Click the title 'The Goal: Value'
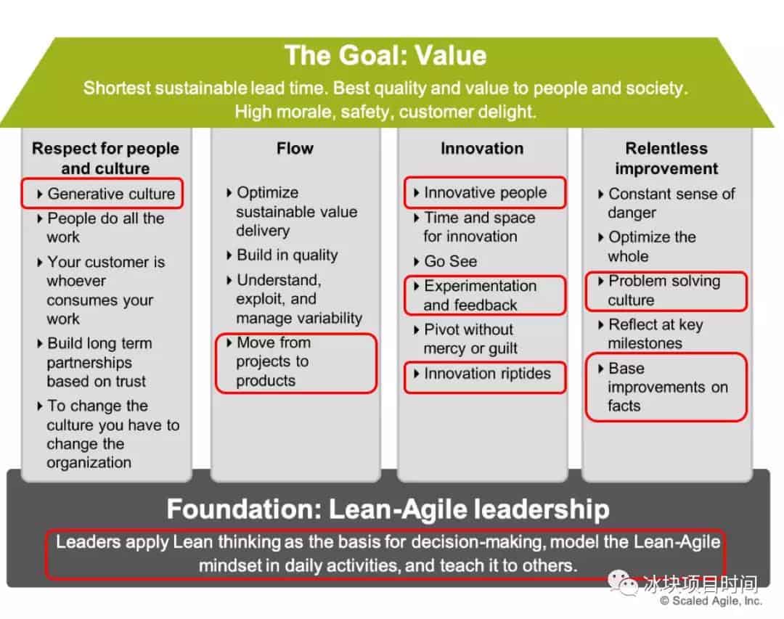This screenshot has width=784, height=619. [x=385, y=55]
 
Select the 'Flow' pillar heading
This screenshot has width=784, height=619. [x=295, y=149]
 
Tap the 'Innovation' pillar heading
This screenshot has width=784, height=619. [x=482, y=149]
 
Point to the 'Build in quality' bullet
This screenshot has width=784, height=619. [x=282, y=255]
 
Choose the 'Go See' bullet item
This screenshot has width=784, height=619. [x=446, y=261]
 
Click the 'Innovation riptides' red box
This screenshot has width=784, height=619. [x=485, y=377]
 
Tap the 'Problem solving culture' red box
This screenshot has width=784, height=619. [x=666, y=291]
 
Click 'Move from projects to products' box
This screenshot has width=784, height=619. [x=296, y=362]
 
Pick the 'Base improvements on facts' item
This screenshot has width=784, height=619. [x=666, y=387]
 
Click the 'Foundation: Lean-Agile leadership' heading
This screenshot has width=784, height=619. [x=388, y=509]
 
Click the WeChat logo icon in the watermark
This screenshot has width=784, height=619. [x=623, y=583]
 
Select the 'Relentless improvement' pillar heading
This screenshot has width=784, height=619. [x=666, y=158]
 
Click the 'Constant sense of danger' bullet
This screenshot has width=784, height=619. [x=666, y=203]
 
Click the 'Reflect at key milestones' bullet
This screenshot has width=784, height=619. [x=651, y=334]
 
